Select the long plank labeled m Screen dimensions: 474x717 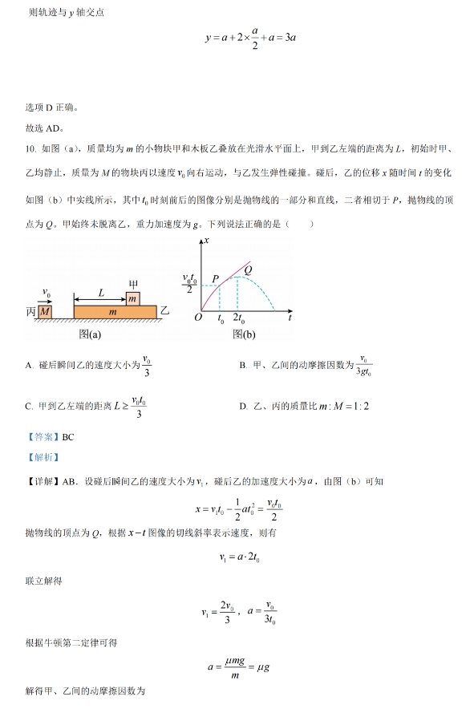coord(112,311)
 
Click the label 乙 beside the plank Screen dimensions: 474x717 coord(164,310)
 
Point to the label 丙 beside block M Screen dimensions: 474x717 coord(30,311)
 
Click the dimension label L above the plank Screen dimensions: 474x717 coord(102,294)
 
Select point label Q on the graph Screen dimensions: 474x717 coord(249,270)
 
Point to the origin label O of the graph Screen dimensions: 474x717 coord(198,318)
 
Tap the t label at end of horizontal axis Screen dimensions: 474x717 coord(288,318)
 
